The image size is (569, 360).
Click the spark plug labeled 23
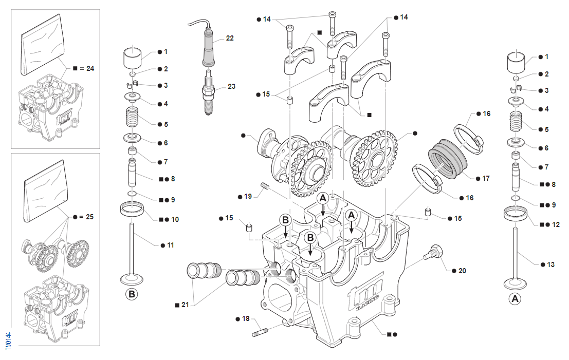[x=208, y=93]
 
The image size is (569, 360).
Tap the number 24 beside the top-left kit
[x=90, y=68]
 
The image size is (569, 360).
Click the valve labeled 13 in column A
[x=516, y=257]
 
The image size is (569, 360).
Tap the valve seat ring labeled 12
[x=516, y=213]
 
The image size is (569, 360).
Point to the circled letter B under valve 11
[x=132, y=295]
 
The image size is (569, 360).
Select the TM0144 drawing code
[x=8, y=342]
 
